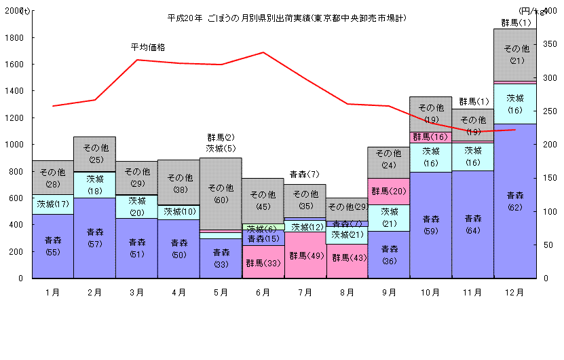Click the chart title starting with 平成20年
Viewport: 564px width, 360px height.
pyautogui.click(x=286, y=18)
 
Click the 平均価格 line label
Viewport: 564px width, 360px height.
pyautogui.click(x=147, y=47)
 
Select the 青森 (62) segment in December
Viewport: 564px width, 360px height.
pyautogui.click(x=514, y=200)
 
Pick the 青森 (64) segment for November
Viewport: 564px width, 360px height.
pyautogui.click(x=472, y=224)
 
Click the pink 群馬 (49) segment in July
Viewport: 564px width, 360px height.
pyautogui.click(x=305, y=255)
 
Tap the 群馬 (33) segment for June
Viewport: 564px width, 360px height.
pyautogui.click(x=263, y=262)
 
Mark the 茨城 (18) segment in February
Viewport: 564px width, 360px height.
pyautogui.click(x=94, y=185)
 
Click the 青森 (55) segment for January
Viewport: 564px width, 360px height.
pyautogui.click(x=52, y=246)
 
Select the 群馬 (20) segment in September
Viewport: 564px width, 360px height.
pyautogui.click(x=389, y=191)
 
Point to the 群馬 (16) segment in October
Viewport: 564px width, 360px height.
pyautogui.click(x=431, y=137)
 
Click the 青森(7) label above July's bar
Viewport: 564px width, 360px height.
pyautogui.click(x=304, y=175)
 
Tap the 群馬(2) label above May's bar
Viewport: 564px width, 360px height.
pyautogui.click(x=221, y=137)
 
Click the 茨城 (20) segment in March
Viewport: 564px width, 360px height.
pyautogui.click(x=136, y=206)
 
